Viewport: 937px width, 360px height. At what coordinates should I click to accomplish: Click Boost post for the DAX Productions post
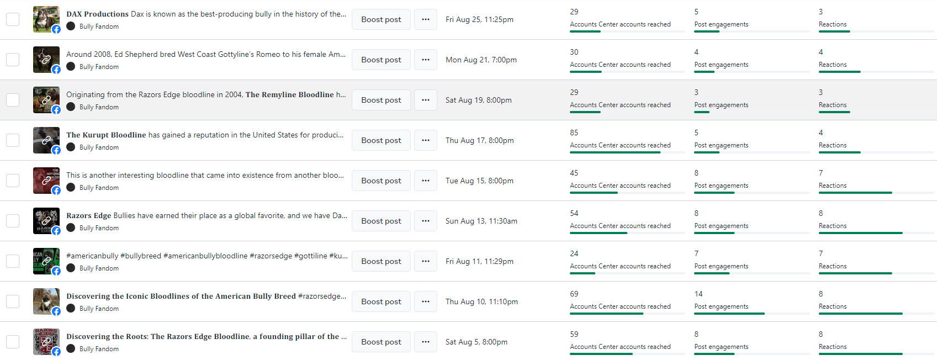click(381, 19)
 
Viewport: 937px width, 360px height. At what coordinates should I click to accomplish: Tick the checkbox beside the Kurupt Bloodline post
click(13, 140)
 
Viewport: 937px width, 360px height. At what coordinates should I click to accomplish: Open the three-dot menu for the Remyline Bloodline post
click(425, 100)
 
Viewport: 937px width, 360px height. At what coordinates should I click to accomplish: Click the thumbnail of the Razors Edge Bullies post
click(46, 221)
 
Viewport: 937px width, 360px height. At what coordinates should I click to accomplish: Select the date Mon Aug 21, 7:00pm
click(481, 60)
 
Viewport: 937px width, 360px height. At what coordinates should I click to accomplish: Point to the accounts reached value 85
click(574, 133)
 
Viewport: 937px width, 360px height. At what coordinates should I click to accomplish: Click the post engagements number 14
click(698, 294)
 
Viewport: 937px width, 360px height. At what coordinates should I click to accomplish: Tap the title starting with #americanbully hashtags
click(207, 256)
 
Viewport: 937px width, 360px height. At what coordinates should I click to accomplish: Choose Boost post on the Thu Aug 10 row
click(381, 301)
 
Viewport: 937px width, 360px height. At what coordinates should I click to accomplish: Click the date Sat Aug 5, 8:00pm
click(476, 342)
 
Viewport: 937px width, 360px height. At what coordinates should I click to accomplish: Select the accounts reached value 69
click(574, 294)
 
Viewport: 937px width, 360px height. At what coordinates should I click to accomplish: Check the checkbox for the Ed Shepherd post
click(13, 60)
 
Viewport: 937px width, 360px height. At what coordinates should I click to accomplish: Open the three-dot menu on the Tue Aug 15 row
click(425, 181)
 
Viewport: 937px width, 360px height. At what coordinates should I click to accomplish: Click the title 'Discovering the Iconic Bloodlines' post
click(206, 296)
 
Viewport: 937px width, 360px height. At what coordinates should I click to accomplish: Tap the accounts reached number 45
click(574, 173)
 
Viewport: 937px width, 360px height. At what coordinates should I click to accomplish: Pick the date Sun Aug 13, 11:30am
click(481, 221)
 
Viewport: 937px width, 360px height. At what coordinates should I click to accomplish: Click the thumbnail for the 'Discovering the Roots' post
click(46, 342)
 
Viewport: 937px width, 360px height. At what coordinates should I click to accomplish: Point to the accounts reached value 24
click(574, 253)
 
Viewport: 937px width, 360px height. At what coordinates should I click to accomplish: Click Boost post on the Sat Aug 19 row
click(381, 100)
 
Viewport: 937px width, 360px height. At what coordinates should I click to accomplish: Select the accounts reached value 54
click(574, 213)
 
